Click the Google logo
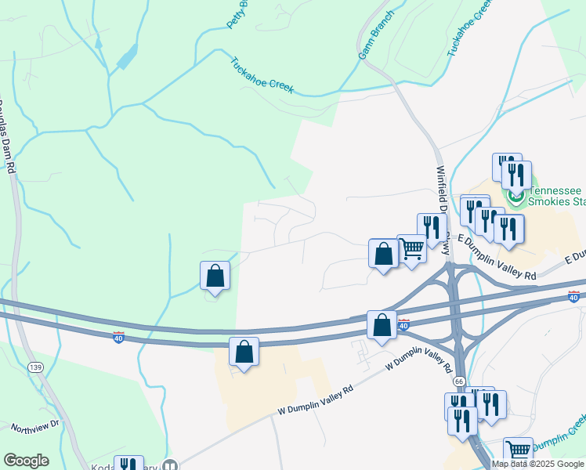pyautogui.click(x=26, y=461)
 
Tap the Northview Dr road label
pyautogui.click(x=35, y=425)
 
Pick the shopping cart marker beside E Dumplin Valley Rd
pyautogui.click(x=411, y=250)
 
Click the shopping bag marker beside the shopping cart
pyautogui.click(x=383, y=255)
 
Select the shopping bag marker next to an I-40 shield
pyautogui.click(x=382, y=326)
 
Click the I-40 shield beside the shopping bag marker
pyautogui.click(x=403, y=324)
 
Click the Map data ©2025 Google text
pyautogui.click(x=537, y=464)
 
